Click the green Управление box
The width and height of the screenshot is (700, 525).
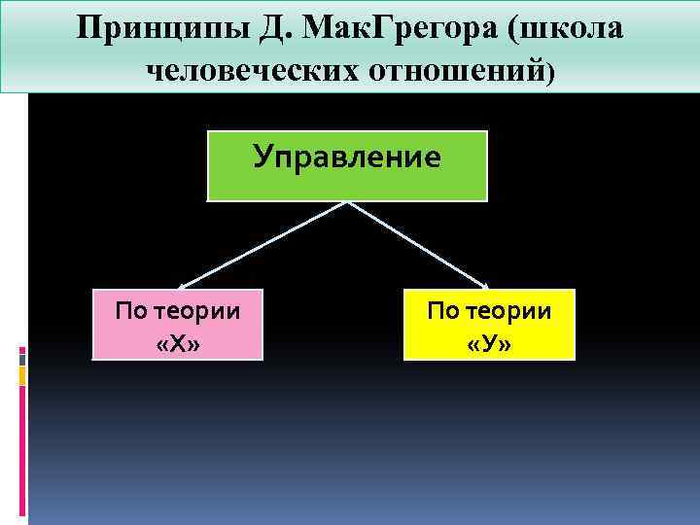[347, 165]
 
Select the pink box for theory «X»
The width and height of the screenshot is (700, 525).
[177, 325]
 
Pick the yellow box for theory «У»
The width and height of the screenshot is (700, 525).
[489, 325]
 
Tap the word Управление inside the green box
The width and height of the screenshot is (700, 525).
[347, 156]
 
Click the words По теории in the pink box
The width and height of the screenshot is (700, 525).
[177, 311]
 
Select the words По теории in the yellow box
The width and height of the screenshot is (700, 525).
[489, 311]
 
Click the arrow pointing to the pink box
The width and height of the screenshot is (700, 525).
[262, 244]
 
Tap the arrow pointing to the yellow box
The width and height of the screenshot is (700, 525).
[418, 244]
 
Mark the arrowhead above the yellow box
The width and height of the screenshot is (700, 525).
[483, 285]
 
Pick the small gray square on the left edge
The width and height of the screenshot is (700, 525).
[21, 358]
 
